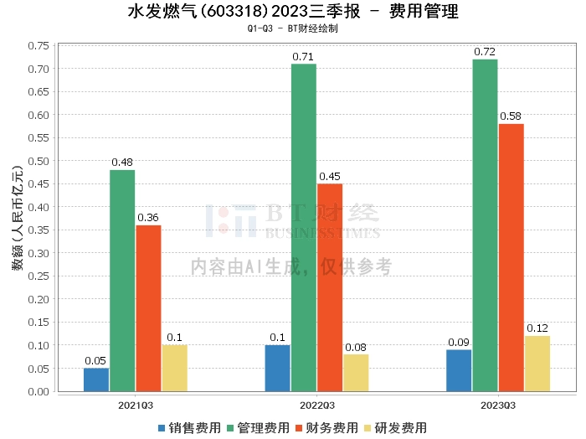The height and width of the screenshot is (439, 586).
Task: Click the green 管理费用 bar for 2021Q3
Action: pyautogui.click(x=122, y=281)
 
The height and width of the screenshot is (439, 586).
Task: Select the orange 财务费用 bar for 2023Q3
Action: pyautogui.click(x=511, y=257)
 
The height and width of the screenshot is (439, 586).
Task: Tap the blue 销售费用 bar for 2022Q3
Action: pyautogui.click(x=278, y=368)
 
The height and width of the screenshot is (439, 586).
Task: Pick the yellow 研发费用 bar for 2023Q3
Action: pyautogui.click(x=537, y=364)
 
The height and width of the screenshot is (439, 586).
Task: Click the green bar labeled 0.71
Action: pyautogui.click(x=303, y=227)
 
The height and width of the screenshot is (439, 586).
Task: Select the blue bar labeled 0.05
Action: pyautogui.click(x=96, y=380)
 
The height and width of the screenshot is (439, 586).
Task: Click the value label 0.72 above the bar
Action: pyautogui.click(x=485, y=52)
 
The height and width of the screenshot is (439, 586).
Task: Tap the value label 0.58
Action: pyautogui.click(x=511, y=116)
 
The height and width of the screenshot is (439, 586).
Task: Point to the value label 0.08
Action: pyautogui.click(x=356, y=347)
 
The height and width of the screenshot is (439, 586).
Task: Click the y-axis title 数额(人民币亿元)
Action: pyautogui.click(x=18, y=219)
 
